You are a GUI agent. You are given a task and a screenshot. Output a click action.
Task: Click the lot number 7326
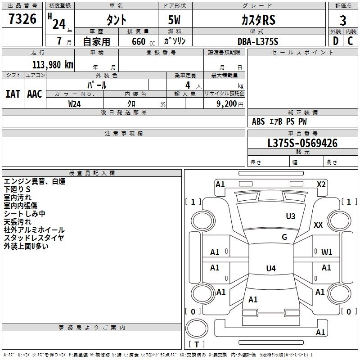22,20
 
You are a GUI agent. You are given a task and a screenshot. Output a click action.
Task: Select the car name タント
116,20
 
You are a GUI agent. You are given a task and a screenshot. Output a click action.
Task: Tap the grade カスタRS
257,20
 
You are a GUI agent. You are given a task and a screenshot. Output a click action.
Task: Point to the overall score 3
343,20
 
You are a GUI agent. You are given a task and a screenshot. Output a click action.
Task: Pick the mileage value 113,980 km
53,64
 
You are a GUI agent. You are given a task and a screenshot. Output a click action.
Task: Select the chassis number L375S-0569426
302,143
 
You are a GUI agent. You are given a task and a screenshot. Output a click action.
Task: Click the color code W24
75,103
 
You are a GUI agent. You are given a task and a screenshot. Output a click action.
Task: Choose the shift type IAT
13,94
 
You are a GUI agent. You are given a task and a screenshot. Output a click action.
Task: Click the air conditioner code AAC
35,94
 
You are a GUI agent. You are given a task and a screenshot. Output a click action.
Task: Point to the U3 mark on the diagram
291,216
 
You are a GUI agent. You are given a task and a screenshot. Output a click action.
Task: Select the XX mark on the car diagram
318,225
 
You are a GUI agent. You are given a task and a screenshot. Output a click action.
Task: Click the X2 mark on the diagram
321,184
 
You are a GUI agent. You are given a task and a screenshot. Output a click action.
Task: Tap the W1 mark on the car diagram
327,252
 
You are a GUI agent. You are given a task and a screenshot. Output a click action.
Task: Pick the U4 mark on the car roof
270,269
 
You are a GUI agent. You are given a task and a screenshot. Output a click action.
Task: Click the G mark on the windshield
284,237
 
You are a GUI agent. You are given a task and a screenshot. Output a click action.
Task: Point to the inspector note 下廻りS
17,189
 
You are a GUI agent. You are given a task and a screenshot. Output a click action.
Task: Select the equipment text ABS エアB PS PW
280,121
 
